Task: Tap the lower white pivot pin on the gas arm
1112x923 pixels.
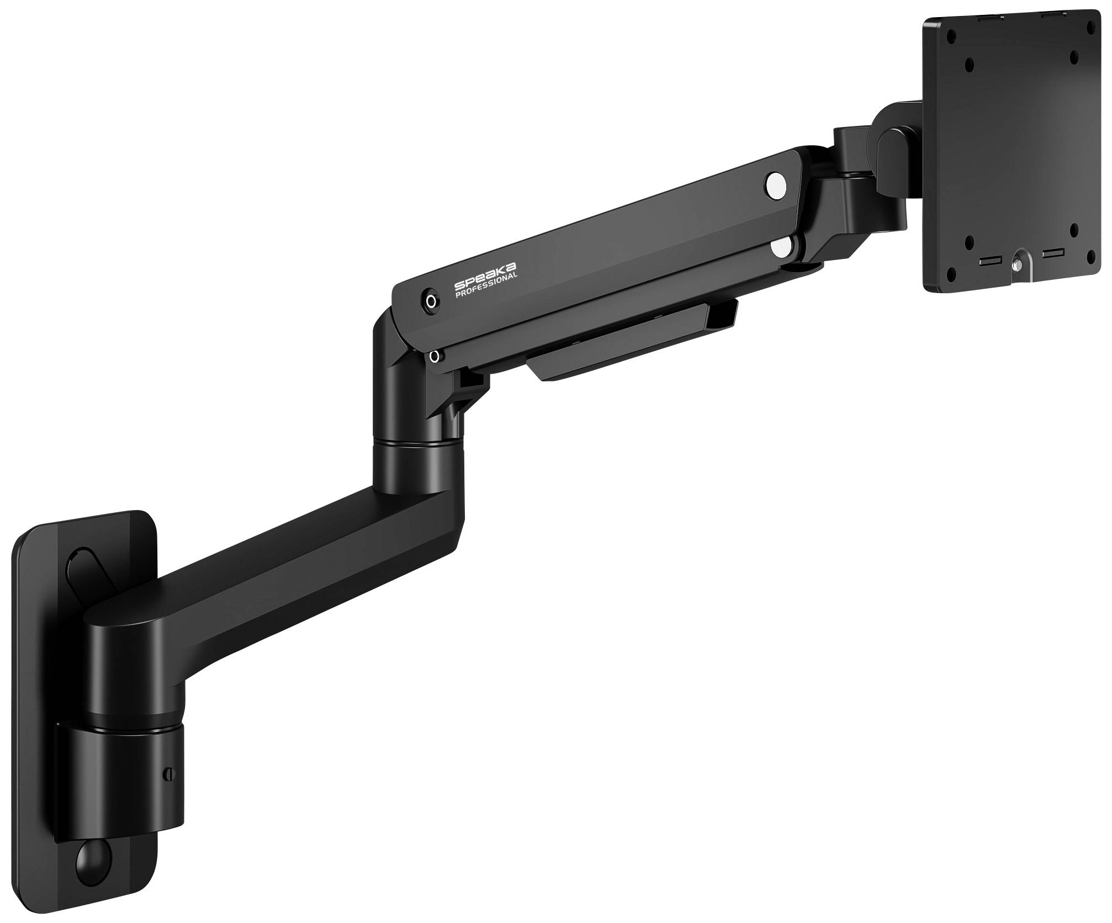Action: click(x=783, y=247)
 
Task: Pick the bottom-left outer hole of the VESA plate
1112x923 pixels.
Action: click(x=950, y=271)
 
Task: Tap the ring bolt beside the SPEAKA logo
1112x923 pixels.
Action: click(x=431, y=301)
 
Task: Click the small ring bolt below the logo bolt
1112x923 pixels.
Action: click(x=435, y=356)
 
